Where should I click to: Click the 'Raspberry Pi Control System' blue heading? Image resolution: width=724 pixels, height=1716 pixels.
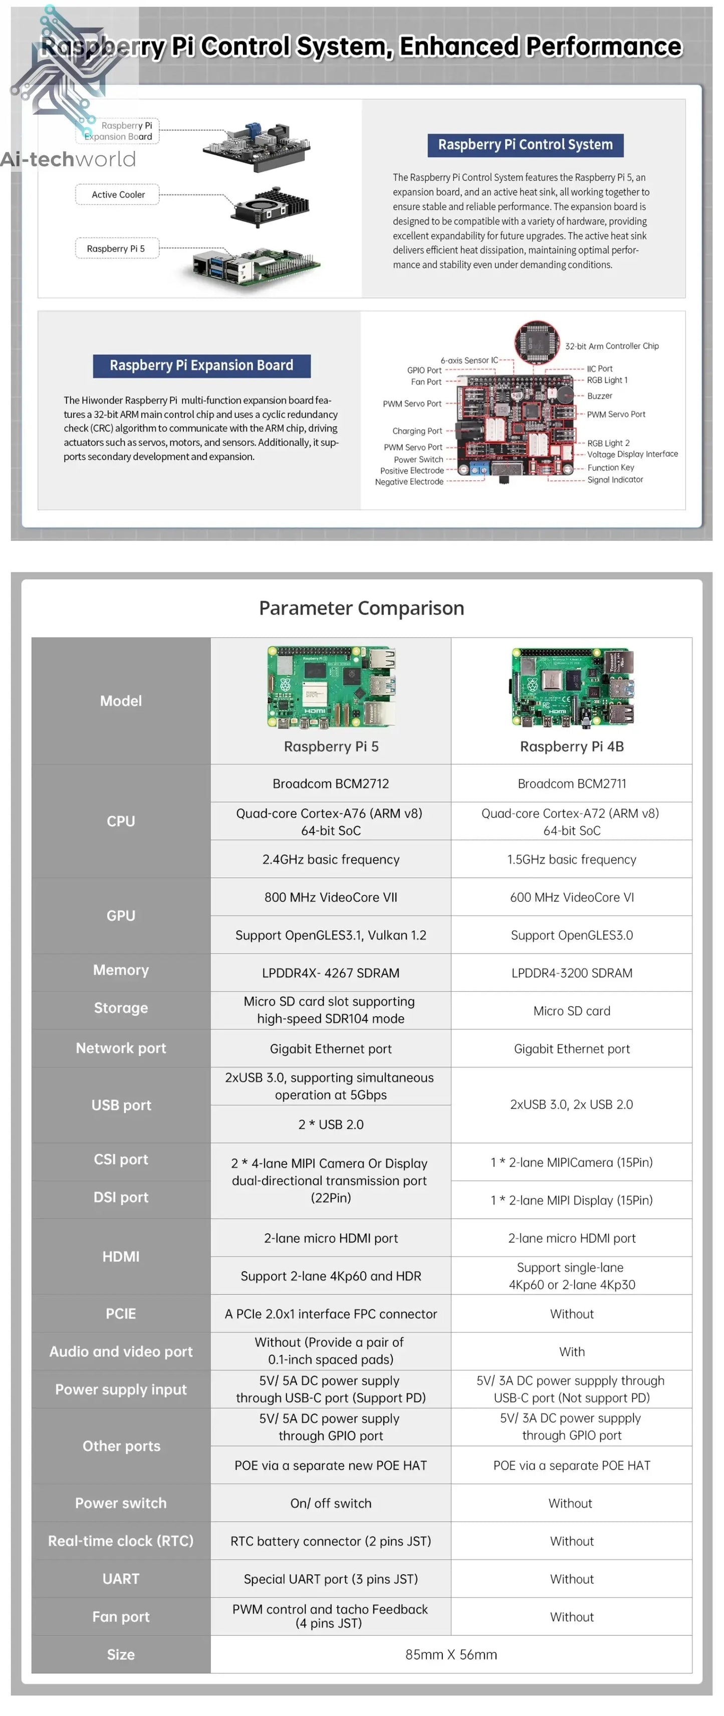point(525,144)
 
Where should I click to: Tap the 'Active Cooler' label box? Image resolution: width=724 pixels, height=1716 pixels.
point(118,195)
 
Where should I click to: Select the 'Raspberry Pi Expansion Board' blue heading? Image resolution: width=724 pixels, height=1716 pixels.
point(201,365)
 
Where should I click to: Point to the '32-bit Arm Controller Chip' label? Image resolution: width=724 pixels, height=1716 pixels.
point(611,346)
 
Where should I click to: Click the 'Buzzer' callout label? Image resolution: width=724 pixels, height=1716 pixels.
point(599,396)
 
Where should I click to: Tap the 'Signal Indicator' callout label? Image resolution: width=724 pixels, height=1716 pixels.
point(615,480)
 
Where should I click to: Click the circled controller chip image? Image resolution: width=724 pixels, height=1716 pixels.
point(536,342)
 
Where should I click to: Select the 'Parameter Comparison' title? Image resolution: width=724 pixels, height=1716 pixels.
point(361,608)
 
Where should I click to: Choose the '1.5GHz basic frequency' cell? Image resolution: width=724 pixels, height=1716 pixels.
point(572,859)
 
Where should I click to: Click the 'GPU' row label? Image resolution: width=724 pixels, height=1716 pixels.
point(121,915)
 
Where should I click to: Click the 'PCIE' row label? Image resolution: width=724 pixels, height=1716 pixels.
point(121,1313)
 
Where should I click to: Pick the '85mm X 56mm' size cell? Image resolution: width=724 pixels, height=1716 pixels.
point(451,1655)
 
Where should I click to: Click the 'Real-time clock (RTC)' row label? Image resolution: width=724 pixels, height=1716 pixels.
point(121,1541)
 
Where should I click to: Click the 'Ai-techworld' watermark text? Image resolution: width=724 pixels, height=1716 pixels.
point(68,159)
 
